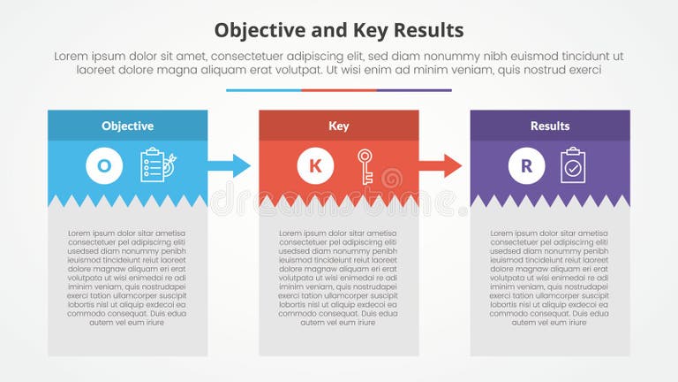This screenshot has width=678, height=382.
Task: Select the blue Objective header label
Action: (127, 126)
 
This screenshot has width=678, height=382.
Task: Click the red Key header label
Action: (338, 126)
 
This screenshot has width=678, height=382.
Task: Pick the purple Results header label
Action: (549, 126)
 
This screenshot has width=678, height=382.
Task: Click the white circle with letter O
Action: (104, 165)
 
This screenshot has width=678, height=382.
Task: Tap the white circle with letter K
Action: (315, 165)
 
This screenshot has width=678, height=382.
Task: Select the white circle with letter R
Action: (527, 165)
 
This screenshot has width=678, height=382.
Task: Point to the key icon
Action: (365, 166)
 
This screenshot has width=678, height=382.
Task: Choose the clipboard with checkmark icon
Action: (573, 165)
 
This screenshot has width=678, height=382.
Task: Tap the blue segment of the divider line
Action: (263, 90)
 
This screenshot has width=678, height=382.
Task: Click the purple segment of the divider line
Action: (414, 90)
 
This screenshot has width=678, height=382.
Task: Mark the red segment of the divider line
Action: (339, 90)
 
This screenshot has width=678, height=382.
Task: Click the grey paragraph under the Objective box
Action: (127, 278)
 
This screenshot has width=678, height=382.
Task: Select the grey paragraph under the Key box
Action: (338, 278)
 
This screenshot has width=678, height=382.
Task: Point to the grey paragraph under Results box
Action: (549, 278)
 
